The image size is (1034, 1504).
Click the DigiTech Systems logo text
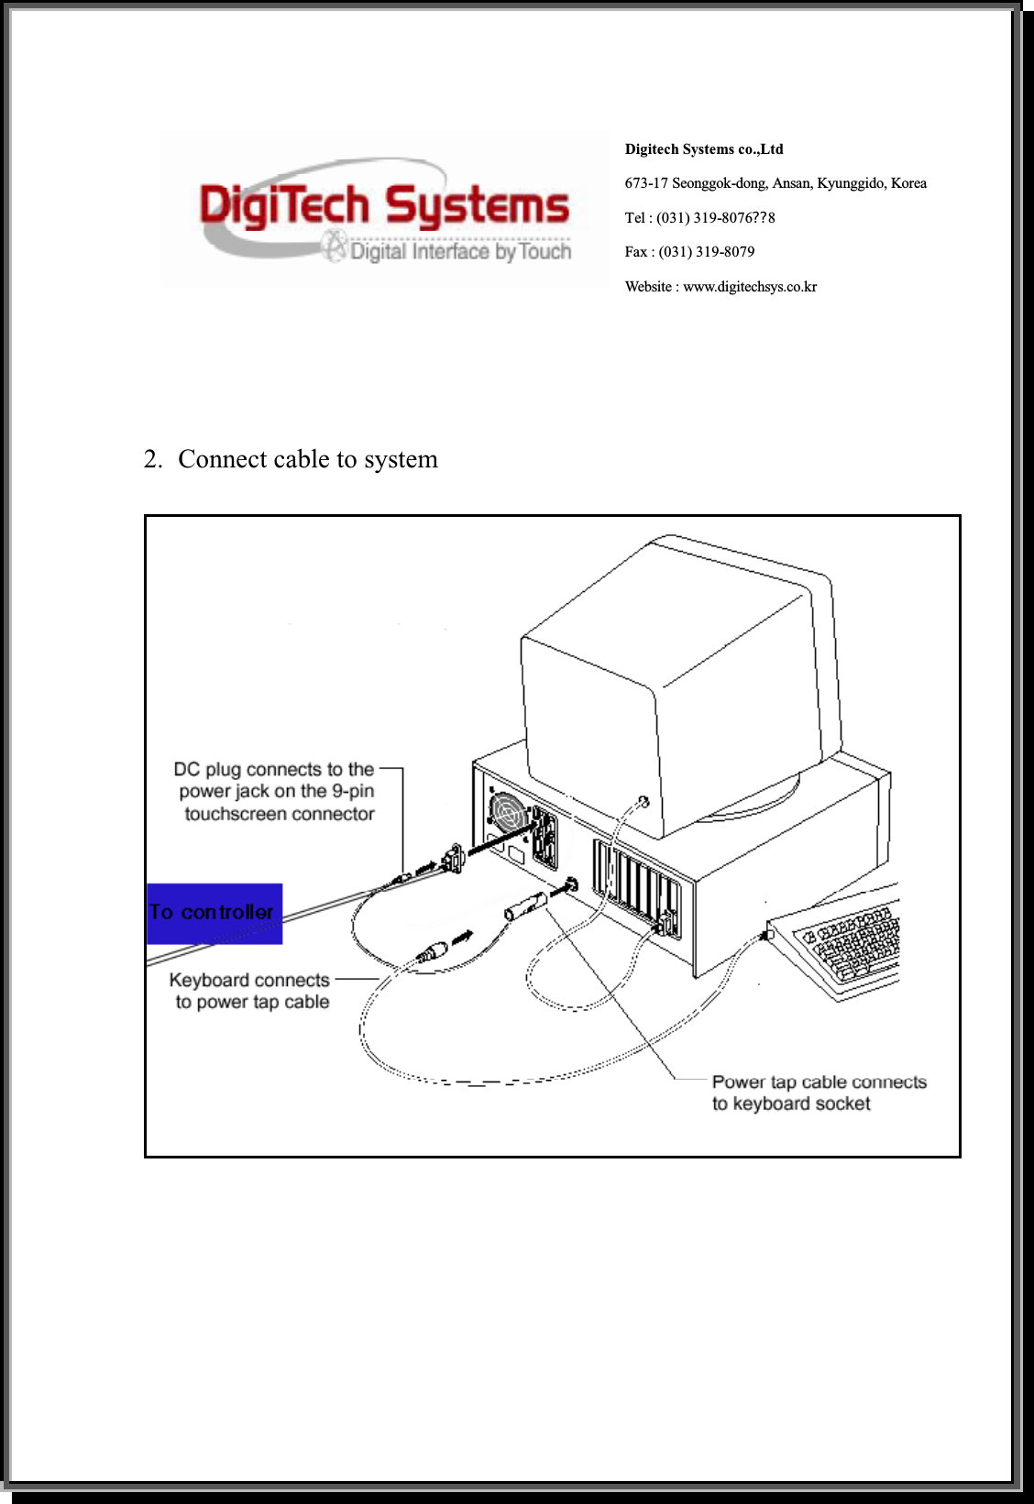click(384, 205)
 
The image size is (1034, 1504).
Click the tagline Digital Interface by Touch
click(460, 251)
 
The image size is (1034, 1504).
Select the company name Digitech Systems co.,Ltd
click(703, 149)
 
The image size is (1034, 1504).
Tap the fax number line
click(689, 252)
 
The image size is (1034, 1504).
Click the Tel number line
click(699, 218)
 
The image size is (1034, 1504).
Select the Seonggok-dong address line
click(775, 183)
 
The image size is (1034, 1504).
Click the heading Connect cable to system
click(307, 459)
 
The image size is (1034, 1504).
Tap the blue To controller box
click(214, 913)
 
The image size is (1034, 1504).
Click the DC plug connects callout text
click(276, 791)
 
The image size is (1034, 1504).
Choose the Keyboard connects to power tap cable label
click(250, 991)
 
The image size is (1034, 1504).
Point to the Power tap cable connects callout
click(818, 1092)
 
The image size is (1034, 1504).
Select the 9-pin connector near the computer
click(451, 859)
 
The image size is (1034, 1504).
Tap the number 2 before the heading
click(152, 459)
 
